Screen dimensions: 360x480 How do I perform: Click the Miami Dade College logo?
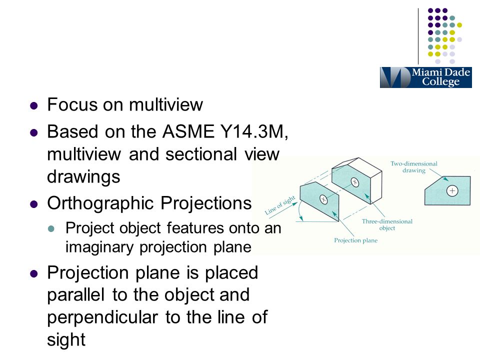(425, 77)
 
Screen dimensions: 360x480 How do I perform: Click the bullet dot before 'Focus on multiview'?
(34, 105)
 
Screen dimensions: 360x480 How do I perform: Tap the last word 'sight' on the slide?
(66, 339)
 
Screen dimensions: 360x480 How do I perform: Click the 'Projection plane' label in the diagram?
(355, 240)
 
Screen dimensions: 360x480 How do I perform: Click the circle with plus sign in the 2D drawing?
(452, 190)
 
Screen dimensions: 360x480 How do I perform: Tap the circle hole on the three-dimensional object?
(354, 181)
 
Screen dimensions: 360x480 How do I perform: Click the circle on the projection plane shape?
(324, 199)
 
